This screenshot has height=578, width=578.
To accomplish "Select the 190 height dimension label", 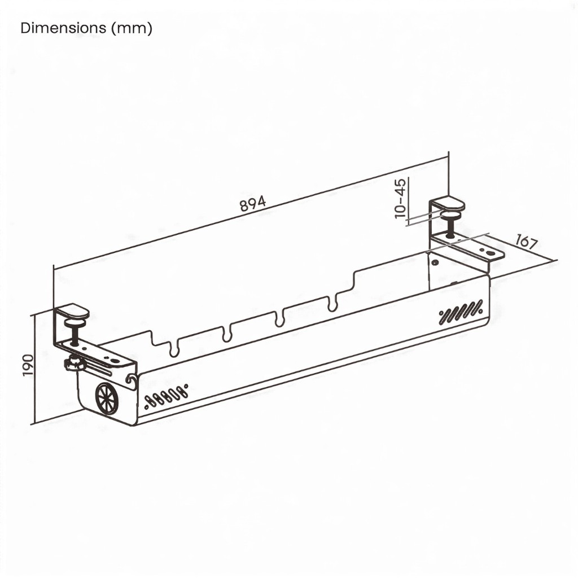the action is (28, 365).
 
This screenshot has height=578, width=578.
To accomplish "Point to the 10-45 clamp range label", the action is (400, 198).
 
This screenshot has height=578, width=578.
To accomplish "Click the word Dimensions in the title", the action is (63, 28).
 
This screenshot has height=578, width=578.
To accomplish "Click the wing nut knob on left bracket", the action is (75, 364).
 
